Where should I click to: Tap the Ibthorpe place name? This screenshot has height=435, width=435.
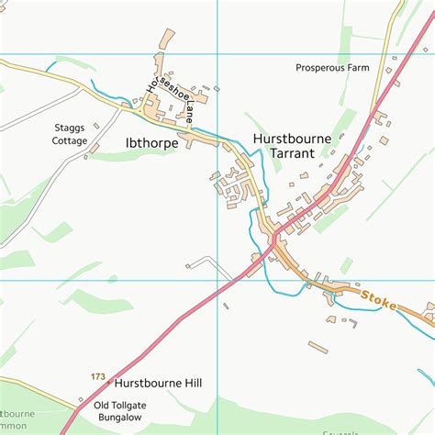click(151, 143)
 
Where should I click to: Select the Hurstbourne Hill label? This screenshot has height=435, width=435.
click(158, 383)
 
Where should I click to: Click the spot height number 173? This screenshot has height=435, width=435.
click(98, 377)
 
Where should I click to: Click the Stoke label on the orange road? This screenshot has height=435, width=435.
click(379, 298)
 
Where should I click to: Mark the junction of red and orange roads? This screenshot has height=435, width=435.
click(273, 238)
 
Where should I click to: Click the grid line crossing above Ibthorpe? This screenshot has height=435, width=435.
click(218, 53)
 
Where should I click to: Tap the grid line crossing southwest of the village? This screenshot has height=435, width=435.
click(218, 280)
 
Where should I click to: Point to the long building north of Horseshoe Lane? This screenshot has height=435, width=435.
click(167, 39)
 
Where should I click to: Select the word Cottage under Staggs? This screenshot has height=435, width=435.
click(71, 141)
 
